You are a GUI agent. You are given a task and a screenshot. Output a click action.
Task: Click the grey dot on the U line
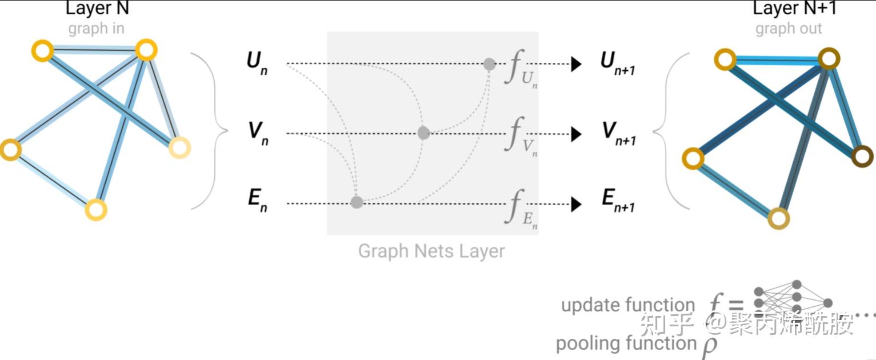point(489,64)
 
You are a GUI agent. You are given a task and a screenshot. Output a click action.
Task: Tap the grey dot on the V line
point(423,133)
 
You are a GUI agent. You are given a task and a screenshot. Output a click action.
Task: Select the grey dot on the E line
point(357,202)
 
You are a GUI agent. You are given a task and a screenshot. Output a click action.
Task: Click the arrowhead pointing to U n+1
point(576,64)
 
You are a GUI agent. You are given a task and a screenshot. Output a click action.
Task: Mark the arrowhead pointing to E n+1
point(576,203)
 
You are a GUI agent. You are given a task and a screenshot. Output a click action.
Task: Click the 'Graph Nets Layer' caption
point(431,251)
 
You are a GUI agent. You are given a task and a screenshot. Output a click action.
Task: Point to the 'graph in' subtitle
point(96,29)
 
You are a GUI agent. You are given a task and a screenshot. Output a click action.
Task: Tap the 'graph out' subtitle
point(789,29)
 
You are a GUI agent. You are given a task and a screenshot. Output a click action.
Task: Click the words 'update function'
point(628,306)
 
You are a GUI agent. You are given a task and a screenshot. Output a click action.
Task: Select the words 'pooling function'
point(626,343)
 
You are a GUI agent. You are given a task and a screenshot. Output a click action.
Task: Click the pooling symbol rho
point(709,346)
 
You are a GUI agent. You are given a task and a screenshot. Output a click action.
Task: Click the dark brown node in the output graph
point(862,156)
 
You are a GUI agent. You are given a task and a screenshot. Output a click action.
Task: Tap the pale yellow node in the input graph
point(179,148)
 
